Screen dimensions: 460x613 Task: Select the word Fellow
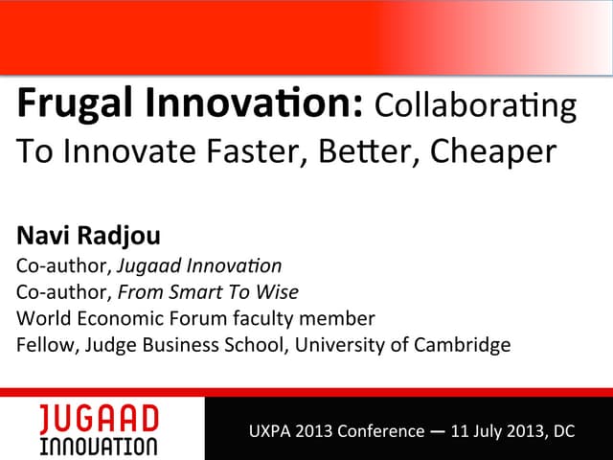[x=41, y=343]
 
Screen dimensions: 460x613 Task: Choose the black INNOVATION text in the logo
[x=99, y=447]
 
